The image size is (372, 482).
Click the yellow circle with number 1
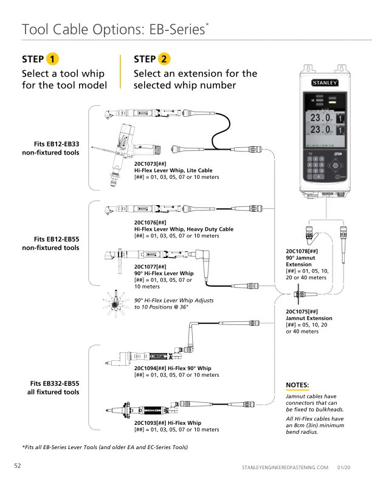(x=53, y=59)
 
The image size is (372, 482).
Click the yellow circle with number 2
(x=165, y=59)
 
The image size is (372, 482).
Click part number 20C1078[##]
(x=301, y=251)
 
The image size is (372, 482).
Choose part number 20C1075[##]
(x=301, y=311)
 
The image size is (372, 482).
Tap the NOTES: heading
(x=297, y=385)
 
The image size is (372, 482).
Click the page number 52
(x=18, y=466)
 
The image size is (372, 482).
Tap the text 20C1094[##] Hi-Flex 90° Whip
(x=173, y=368)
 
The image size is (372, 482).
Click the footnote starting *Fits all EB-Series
(x=105, y=447)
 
